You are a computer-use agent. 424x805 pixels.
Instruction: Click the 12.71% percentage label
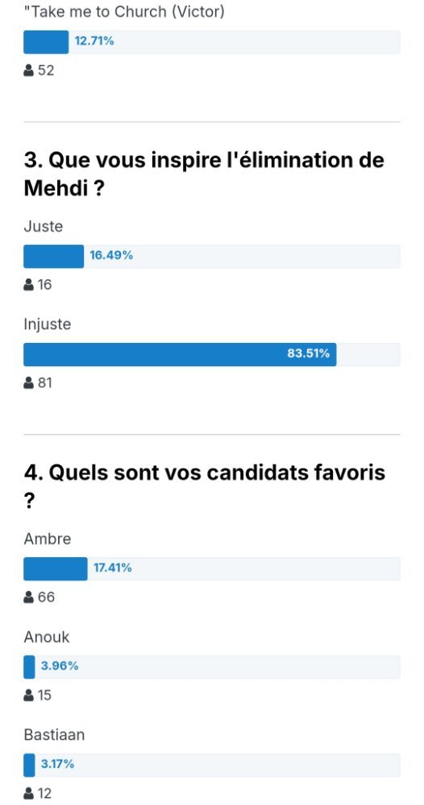(x=94, y=41)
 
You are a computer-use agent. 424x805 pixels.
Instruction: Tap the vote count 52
(x=46, y=70)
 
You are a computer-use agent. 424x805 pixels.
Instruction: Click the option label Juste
(x=44, y=226)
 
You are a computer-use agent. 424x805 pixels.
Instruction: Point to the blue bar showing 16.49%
(x=53, y=256)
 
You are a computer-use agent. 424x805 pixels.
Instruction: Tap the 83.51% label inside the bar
(x=308, y=353)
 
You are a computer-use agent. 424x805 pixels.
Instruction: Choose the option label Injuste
(x=48, y=325)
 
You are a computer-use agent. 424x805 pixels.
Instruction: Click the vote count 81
(x=44, y=383)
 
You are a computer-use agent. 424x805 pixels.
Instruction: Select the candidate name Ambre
(x=48, y=539)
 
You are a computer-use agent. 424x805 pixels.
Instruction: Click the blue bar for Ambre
(x=56, y=569)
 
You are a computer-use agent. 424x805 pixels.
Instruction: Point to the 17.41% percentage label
(x=113, y=568)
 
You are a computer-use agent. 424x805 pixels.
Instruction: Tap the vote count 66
(x=46, y=597)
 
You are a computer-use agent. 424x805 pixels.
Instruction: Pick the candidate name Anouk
(x=46, y=637)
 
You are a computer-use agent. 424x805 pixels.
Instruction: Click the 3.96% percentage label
(x=60, y=667)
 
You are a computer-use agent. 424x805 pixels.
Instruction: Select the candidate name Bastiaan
(x=54, y=735)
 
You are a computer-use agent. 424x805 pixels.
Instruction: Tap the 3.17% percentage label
(x=57, y=765)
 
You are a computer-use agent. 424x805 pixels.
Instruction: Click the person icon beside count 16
(x=29, y=284)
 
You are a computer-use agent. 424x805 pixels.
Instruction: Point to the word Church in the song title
(x=140, y=12)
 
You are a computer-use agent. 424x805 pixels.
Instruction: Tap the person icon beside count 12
(x=29, y=793)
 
